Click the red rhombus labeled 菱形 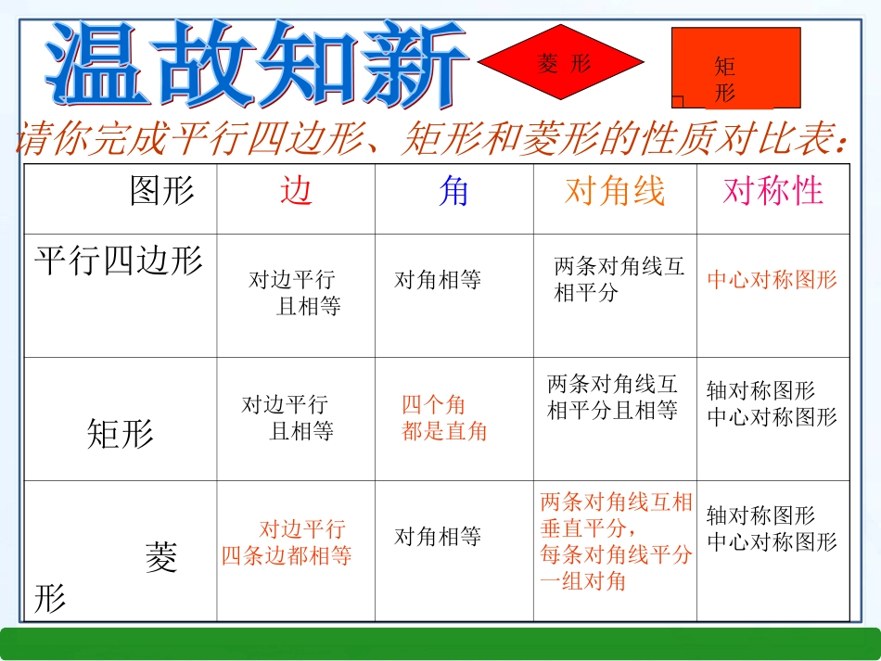560,62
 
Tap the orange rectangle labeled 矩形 735,68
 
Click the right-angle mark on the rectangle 678,102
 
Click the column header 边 296,191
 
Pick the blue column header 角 453,191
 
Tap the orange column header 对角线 615,191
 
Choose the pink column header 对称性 772,191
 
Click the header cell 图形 162,191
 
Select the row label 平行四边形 119,261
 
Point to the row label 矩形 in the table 120,433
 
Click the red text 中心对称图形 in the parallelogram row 772,280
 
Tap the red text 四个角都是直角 444,418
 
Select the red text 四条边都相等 287,556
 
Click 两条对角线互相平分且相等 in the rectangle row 613,397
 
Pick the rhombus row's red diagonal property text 616,541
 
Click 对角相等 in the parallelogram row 438,280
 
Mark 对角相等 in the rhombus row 438,536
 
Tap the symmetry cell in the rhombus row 772,528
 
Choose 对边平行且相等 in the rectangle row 287,418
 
